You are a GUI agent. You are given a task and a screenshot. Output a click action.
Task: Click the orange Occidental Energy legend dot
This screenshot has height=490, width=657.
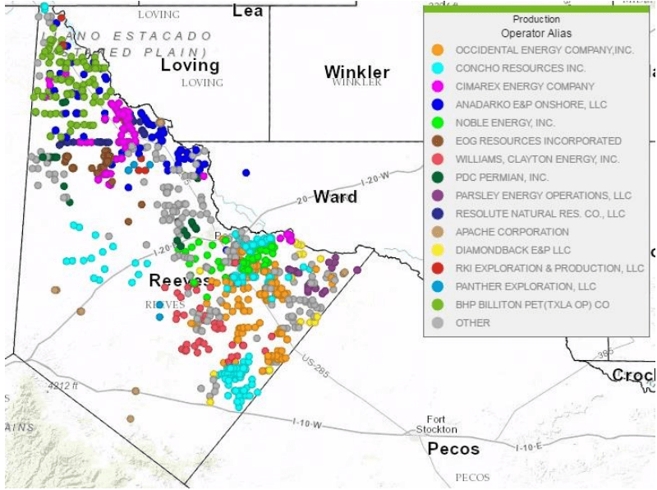coord(438,50)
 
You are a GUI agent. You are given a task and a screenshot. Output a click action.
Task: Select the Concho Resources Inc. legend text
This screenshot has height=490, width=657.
coord(520,68)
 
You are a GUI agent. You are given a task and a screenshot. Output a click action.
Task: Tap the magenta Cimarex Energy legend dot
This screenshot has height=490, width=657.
coord(438,86)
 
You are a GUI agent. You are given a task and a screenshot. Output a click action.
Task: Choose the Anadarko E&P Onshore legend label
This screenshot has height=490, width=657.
coord(531,104)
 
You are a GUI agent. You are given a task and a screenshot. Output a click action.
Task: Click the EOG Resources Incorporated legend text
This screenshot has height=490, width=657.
coord(538,141)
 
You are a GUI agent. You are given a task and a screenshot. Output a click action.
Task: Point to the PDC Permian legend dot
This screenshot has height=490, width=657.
coord(438,177)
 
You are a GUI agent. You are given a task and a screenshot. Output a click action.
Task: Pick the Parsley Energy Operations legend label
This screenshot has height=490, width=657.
coord(543,196)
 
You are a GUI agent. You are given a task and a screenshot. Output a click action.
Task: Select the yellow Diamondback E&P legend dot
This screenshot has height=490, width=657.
coord(438,250)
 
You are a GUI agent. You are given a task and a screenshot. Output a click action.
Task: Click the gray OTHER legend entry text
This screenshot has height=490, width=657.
coord(472,322)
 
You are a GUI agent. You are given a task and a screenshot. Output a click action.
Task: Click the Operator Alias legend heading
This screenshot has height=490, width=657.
coord(535,34)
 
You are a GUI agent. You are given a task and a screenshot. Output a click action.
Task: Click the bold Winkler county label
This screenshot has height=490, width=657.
coord(356,72)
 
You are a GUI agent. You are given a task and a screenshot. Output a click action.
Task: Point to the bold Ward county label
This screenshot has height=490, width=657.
coord(335,197)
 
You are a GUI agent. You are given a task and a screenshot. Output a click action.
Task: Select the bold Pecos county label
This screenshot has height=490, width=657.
coord(453,449)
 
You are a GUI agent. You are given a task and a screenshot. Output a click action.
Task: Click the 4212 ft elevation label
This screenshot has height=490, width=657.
coord(63,385)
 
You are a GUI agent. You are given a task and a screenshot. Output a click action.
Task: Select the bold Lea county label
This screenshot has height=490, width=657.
coord(248,11)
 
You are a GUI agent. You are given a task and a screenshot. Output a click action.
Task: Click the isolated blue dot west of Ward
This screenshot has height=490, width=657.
coord(246,173)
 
